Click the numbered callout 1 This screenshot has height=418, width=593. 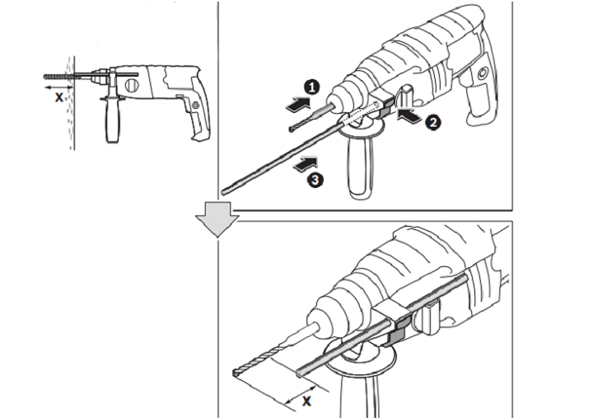tap(311, 87)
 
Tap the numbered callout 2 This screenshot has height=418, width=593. tap(432, 122)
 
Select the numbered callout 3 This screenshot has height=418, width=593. tap(315, 180)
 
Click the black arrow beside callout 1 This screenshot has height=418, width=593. tap(298, 104)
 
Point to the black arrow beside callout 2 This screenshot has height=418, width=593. tap(409, 115)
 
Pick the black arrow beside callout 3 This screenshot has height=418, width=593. tap(306, 163)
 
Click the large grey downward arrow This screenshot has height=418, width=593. tap(217, 219)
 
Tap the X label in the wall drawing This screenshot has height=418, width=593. tap(59, 97)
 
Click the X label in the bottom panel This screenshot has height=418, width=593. tap(306, 401)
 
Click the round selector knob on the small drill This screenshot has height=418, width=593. tap(132, 86)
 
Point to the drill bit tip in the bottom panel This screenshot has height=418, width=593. tap(235, 373)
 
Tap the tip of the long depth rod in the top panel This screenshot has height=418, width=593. tap(224, 191)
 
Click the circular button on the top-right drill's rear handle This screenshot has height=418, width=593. tap(483, 73)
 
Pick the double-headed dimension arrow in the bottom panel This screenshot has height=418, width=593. tap(301, 395)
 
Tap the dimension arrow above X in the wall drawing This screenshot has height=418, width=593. tap(59, 88)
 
